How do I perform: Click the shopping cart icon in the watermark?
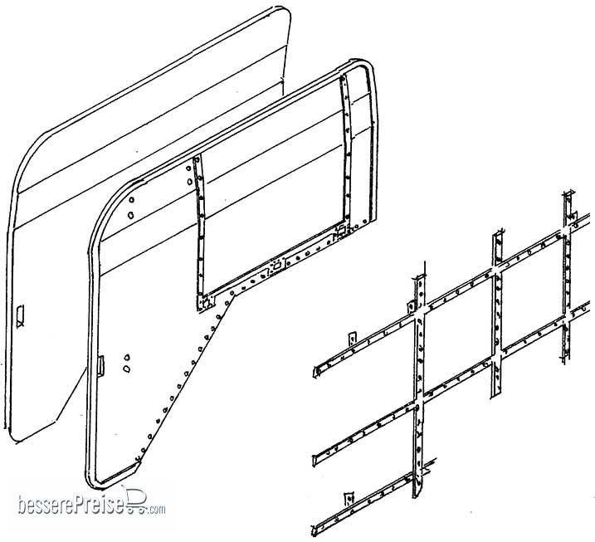coord(136,501)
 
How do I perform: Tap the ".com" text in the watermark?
coord(157,510)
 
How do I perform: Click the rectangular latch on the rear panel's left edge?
coord(20,315)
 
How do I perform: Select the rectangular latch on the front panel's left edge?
coord(101,365)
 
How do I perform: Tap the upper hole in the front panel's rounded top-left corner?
coord(131,200)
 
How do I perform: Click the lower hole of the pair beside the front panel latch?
coord(126,369)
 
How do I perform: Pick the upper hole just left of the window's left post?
coord(188,168)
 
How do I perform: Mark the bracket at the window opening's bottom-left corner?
coord(206,303)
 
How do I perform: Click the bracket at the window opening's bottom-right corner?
coord(340,230)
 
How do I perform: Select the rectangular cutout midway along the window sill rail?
coord(276,265)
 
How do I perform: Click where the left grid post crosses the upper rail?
coord(420,311)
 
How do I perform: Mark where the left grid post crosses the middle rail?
coord(418,402)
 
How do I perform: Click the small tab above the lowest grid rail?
coord(349,498)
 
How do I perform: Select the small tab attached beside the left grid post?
coord(411,306)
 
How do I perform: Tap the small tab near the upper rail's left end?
coord(353,338)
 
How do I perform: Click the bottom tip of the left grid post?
coord(415,496)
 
